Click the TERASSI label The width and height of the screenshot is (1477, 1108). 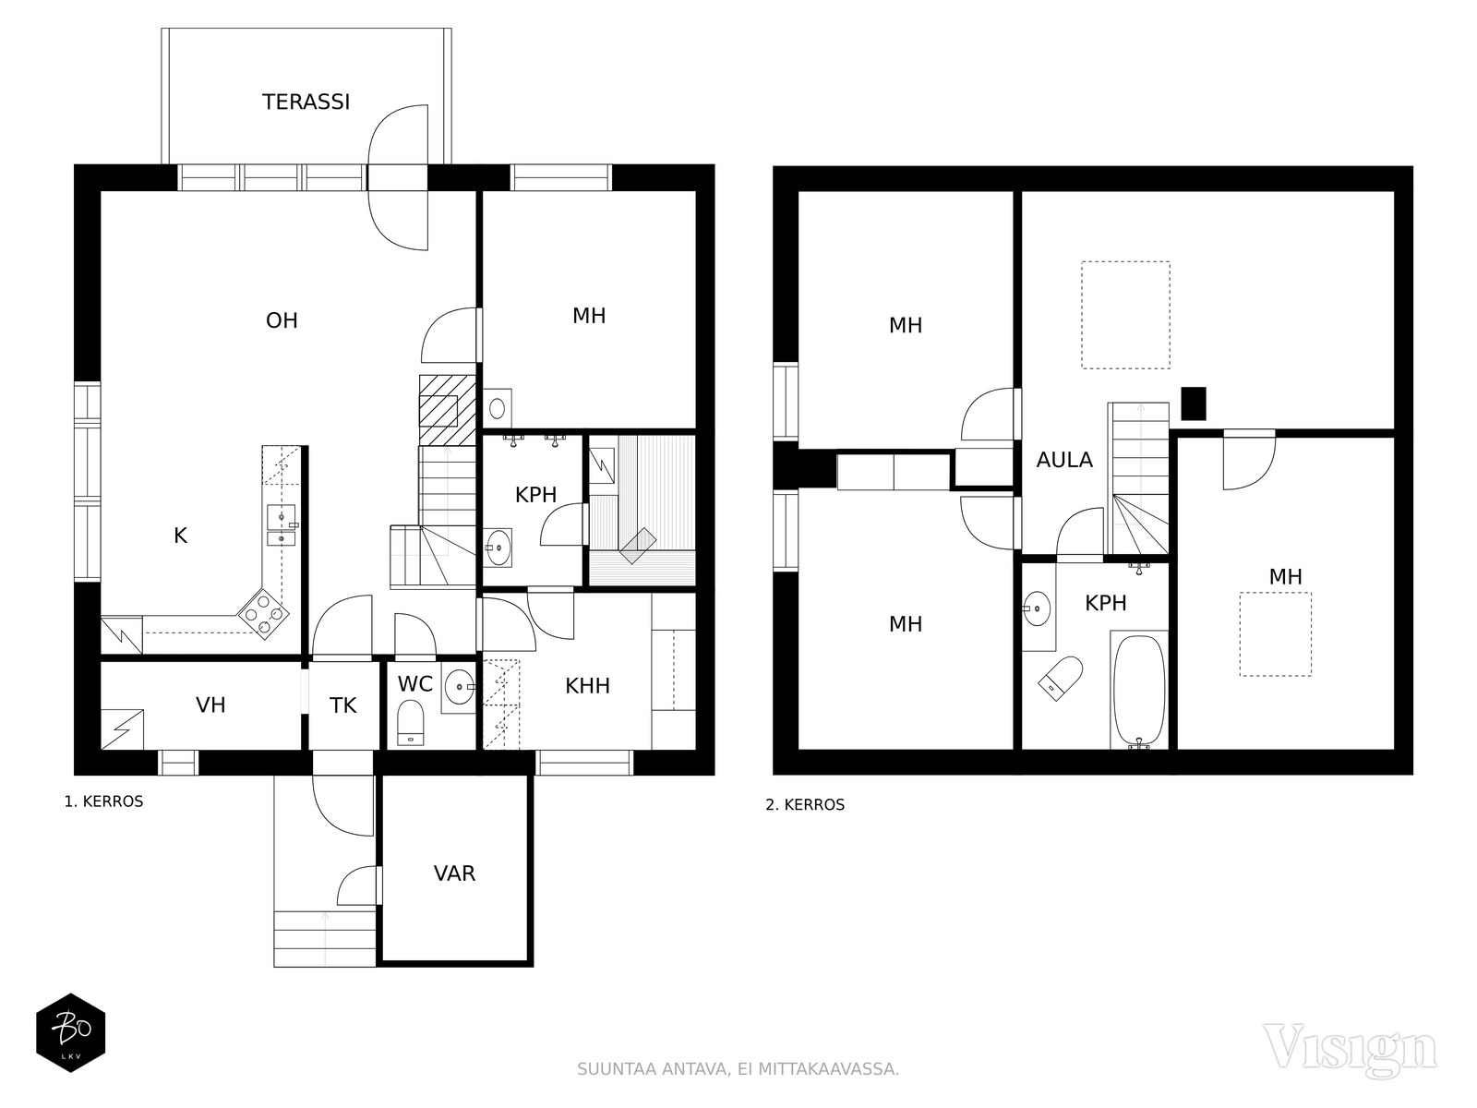coord(306,102)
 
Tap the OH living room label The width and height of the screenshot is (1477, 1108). coord(282,320)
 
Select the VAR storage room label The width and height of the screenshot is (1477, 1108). coord(454,873)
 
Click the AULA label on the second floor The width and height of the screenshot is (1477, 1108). coord(1063,460)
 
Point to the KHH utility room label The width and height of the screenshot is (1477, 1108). coord(587,685)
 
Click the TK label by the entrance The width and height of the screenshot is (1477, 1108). coord(343,705)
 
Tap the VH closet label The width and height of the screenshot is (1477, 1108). coord(210,705)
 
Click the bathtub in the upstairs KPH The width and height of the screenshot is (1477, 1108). coord(1138,690)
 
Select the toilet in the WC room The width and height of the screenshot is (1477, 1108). coord(411,723)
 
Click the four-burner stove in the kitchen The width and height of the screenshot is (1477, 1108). coord(263,613)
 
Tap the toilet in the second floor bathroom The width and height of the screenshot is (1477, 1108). coord(1062,678)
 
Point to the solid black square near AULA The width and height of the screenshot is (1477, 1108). coord(1194,403)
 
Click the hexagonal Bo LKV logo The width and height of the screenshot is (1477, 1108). coord(71,1032)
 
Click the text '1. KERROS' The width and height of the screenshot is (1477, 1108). coord(103,801)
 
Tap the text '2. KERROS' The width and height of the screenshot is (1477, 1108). coord(805,804)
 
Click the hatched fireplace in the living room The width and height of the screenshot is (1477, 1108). coord(448,410)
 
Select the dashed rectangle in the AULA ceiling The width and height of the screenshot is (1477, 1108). coord(1125,315)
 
